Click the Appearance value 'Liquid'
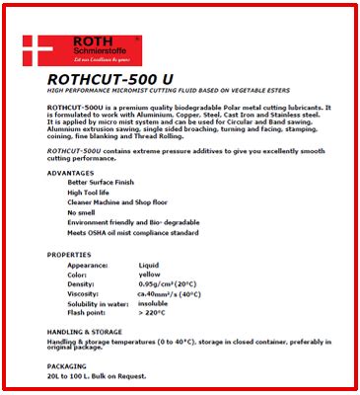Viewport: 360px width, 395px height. (149, 266)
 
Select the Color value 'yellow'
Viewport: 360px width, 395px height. (149, 275)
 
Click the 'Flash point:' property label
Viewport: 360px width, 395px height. (90, 312)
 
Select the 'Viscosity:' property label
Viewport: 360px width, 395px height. (87, 294)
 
